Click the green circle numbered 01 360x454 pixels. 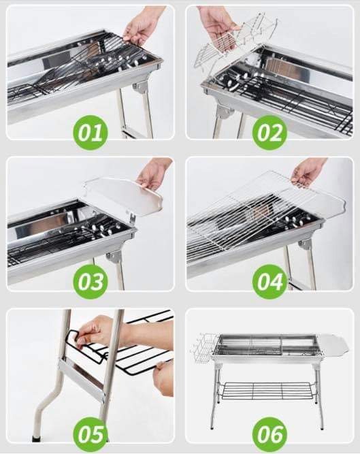tap(90, 133)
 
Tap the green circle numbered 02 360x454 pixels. tap(269, 133)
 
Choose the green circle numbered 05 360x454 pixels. tap(90, 434)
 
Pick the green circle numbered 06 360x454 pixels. tap(269, 434)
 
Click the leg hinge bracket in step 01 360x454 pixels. tap(142, 87)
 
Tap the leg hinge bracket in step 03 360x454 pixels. tap(115, 256)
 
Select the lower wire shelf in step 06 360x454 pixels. tap(265, 390)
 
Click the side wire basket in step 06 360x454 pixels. tap(203, 349)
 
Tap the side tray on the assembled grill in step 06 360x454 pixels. tap(333, 344)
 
